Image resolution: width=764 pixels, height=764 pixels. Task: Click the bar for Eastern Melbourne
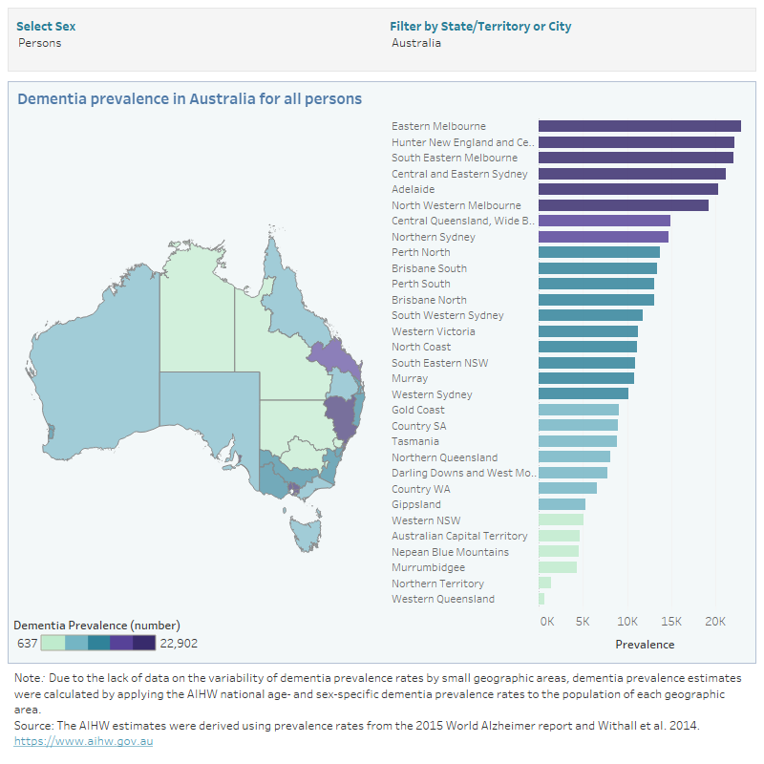(x=639, y=126)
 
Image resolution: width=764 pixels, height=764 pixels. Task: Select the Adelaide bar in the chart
(x=627, y=189)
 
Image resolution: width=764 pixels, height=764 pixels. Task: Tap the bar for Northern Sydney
(x=603, y=237)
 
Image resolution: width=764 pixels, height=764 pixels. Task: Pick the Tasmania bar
(x=577, y=441)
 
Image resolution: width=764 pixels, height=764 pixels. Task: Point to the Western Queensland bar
(x=541, y=599)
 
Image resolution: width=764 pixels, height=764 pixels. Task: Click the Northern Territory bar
(x=544, y=584)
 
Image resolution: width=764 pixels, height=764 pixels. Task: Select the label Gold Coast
(x=418, y=410)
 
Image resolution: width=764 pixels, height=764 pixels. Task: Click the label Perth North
(x=421, y=252)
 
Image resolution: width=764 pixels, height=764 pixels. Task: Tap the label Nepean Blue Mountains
(x=450, y=552)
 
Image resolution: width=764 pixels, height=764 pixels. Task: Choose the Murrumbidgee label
(x=429, y=567)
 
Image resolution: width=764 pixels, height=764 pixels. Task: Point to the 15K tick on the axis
(x=671, y=622)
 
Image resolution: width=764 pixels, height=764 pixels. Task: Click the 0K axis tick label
(x=547, y=622)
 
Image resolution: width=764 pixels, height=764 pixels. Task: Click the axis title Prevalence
(x=645, y=645)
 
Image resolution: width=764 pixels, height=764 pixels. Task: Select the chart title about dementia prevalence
(x=190, y=98)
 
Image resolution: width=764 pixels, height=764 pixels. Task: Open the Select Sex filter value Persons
(x=39, y=43)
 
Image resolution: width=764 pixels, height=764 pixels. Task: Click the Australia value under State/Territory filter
(x=416, y=43)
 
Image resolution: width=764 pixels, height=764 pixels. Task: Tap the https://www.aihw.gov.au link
(x=84, y=741)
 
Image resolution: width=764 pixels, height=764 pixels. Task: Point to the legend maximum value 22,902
(x=179, y=643)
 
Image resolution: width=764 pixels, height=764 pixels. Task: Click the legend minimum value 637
(x=28, y=643)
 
